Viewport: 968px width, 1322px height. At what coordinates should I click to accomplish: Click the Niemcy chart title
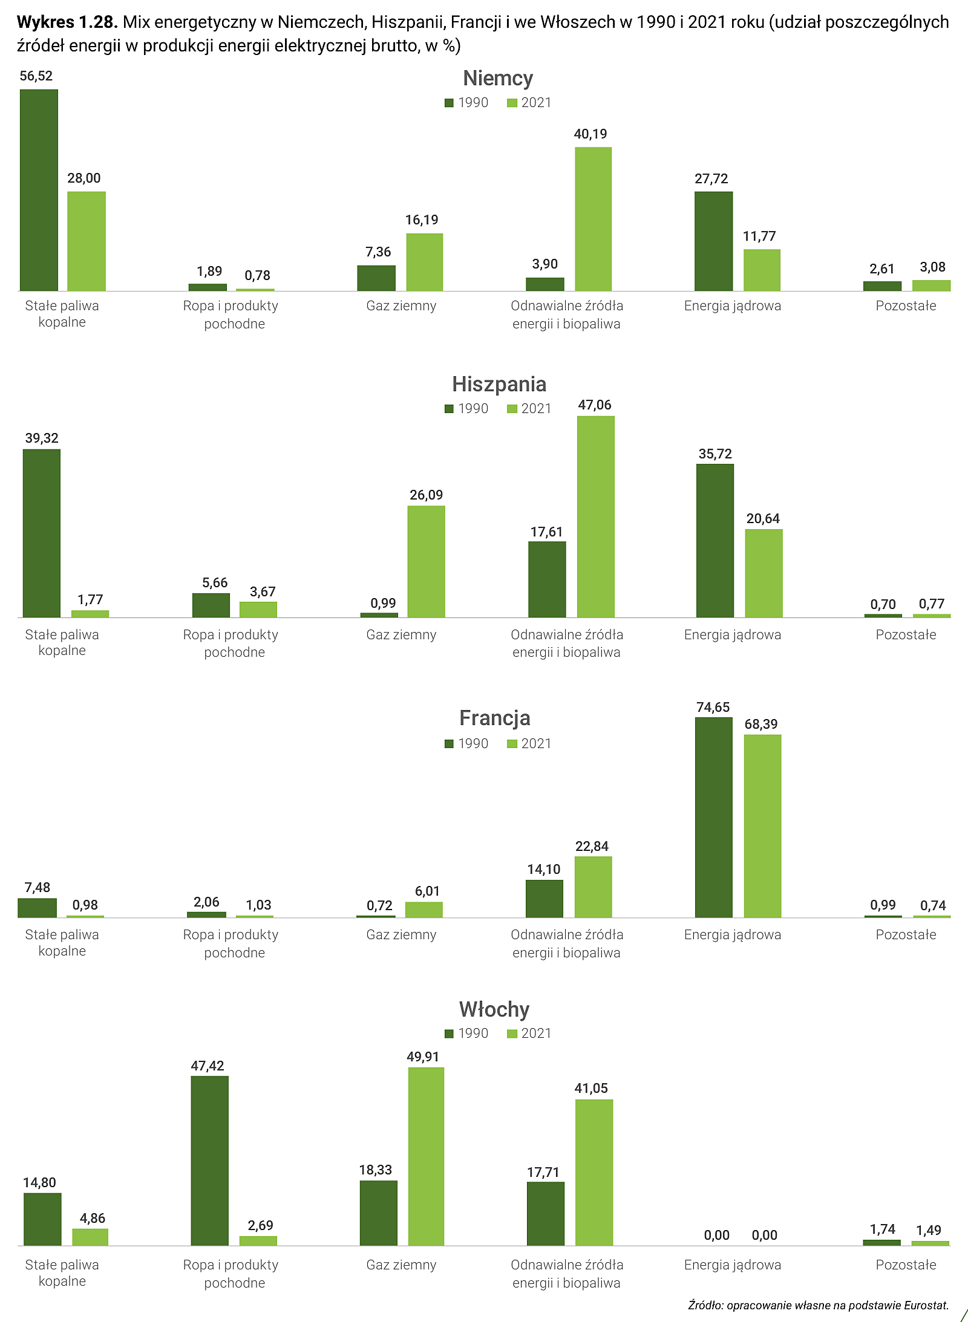[x=498, y=79]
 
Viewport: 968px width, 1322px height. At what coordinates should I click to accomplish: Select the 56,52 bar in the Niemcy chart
[x=39, y=190]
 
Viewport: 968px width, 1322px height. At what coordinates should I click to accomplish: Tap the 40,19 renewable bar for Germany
[x=594, y=219]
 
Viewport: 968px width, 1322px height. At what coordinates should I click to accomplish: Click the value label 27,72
[x=711, y=178]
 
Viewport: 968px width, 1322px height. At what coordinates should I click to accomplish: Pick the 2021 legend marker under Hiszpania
[x=512, y=409]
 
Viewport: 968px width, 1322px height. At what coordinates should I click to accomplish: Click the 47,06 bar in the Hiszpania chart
[x=596, y=516]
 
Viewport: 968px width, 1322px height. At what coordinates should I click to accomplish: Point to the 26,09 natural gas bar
[x=426, y=561]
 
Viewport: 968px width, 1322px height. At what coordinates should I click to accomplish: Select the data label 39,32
[x=42, y=438]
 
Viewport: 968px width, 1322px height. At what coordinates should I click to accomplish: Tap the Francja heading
[x=495, y=718]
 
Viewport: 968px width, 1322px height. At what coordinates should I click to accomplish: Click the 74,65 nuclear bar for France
[x=714, y=817]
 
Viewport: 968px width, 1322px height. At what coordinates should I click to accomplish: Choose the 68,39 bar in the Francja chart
[x=762, y=826]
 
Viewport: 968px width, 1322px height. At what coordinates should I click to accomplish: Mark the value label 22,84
[x=592, y=846]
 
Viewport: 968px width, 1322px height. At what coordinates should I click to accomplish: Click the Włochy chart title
[x=494, y=1009]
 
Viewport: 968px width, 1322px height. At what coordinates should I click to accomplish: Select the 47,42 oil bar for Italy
[x=210, y=1161]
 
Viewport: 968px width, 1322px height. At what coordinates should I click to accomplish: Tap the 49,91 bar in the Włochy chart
[x=426, y=1156]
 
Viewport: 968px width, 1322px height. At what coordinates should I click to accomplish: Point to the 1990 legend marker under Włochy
[x=449, y=1034]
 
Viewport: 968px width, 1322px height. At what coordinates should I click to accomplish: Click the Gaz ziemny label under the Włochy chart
[x=401, y=1265]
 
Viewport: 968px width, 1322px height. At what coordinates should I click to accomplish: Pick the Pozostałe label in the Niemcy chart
[x=906, y=305]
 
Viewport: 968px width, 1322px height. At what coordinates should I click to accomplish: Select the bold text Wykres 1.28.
[x=67, y=22]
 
